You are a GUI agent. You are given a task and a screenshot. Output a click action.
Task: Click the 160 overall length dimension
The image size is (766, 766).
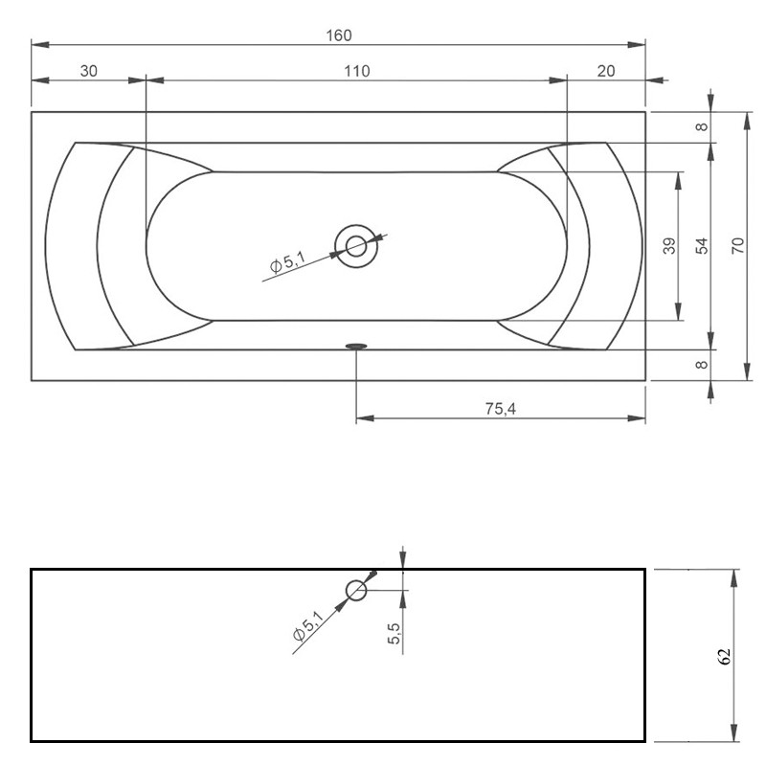coord(339,35)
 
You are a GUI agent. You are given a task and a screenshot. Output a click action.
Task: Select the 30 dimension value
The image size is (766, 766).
coord(88,71)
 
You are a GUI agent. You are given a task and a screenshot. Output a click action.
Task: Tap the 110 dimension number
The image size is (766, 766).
coord(355,71)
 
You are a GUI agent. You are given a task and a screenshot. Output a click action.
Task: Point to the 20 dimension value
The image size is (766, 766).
coord(606,71)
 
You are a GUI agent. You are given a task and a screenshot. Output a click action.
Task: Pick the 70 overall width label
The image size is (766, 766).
coord(737,245)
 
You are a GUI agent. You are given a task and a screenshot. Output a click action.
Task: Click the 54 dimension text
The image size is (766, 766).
coord(702,245)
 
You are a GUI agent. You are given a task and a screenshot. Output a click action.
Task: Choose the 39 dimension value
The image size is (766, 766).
coord(669,246)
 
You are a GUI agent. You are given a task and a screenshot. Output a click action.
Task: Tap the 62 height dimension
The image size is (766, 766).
coord(724,656)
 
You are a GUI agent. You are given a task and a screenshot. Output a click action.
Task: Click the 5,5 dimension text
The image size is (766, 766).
coord(394,633)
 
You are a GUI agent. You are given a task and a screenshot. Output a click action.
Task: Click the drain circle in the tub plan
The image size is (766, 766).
coord(356,245)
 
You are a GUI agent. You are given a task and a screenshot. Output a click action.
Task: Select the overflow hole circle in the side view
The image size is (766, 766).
coord(356,590)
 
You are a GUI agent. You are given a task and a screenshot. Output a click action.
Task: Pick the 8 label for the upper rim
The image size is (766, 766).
coord(702,126)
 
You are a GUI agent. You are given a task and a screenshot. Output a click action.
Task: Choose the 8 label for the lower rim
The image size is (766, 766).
coord(702,365)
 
